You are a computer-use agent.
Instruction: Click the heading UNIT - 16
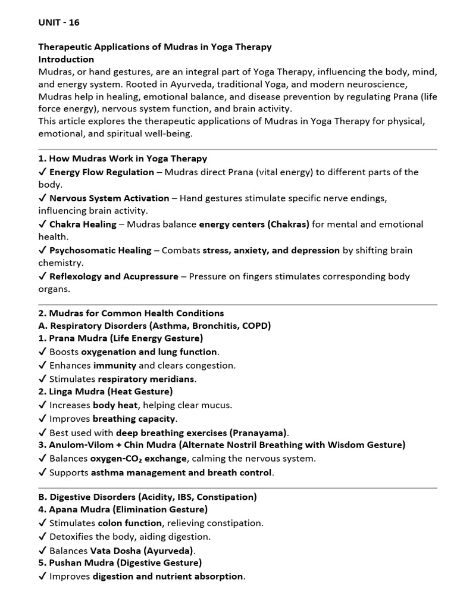coord(59,23)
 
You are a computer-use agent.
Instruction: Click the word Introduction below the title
coord(66,59)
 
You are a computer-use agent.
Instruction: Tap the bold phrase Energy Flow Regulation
coord(101,172)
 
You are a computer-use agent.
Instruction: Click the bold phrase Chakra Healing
coord(83,224)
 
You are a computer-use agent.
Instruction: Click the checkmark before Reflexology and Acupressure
coord(42,276)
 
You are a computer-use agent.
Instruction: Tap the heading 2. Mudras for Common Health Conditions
coord(131,313)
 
